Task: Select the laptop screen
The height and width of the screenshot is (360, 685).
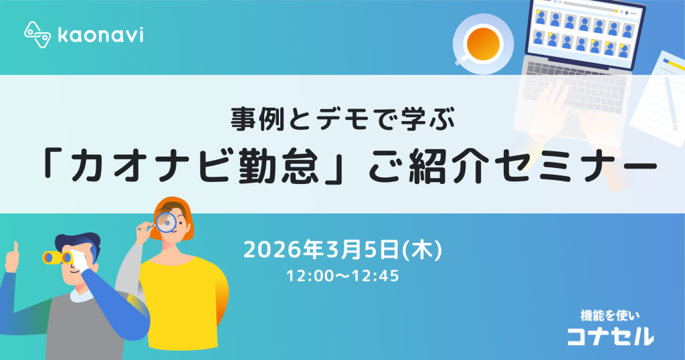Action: [582, 29]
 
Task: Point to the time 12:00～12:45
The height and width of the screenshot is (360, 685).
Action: [342, 274]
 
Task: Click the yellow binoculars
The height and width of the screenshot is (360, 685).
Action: [57, 257]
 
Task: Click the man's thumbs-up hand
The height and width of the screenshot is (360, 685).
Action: [11, 258]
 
